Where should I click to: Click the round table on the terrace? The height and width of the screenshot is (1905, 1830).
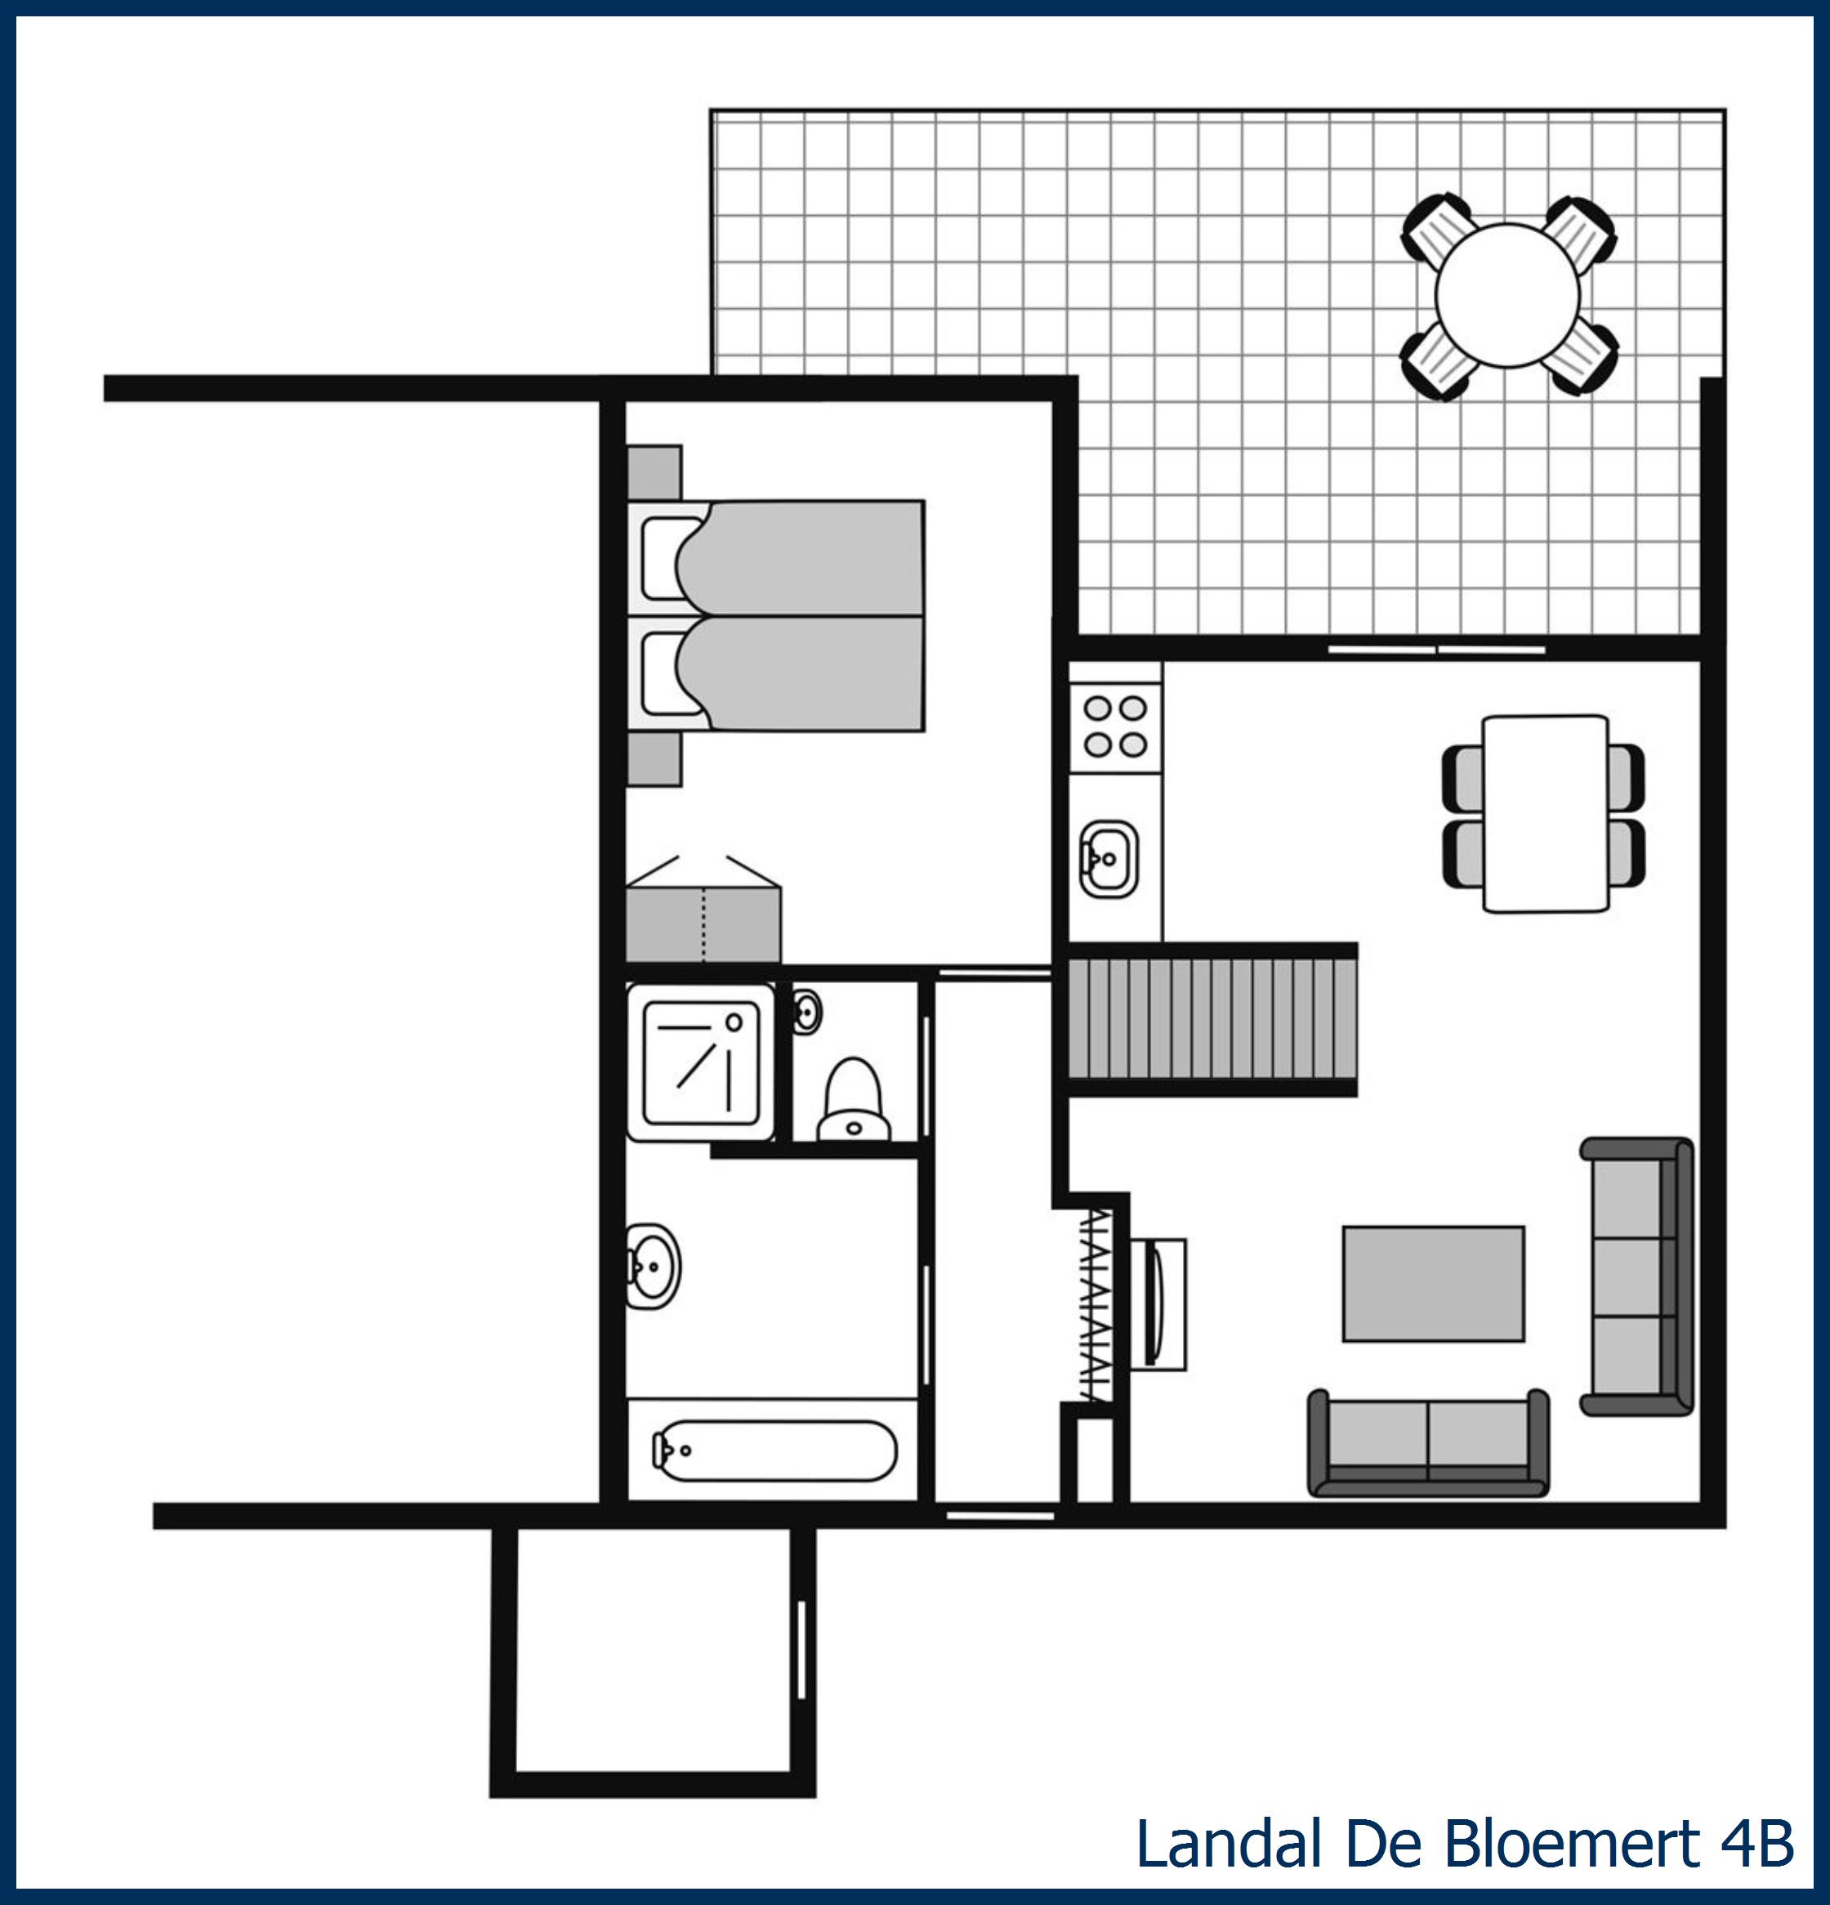[1506, 296]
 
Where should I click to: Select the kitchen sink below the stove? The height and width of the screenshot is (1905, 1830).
[1108, 859]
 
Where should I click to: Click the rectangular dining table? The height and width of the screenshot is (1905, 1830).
[1544, 813]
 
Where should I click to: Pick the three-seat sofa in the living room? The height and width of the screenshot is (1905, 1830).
[1636, 1277]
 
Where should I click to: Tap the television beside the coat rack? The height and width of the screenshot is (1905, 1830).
[1158, 1304]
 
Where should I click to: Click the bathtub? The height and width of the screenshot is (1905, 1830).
[774, 1451]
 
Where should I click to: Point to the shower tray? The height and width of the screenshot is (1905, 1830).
[701, 1062]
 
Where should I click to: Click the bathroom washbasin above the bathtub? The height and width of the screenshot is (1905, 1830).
[652, 1265]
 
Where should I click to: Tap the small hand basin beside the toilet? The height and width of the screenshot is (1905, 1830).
[806, 1011]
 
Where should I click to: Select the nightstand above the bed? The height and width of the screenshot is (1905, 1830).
[655, 472]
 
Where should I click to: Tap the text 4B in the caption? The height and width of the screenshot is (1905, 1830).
[1757, 1843]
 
